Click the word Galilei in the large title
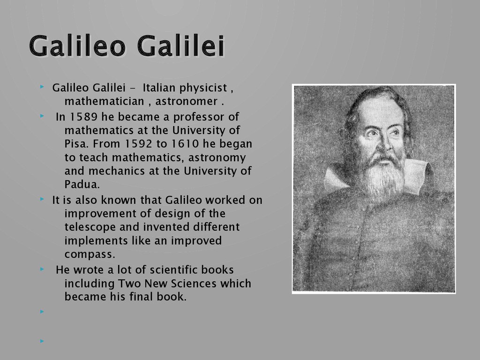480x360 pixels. pos(181,46)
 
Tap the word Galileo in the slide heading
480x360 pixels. pos(77,46)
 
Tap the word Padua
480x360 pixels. pos(82,184)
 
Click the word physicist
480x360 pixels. pos(203,88)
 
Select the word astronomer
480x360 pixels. pos(187,101)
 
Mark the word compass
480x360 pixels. pos(90,255)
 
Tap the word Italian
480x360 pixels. pos(159,88)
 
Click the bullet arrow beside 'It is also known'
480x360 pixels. pos(42,199)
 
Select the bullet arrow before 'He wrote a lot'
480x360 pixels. pos(42,270)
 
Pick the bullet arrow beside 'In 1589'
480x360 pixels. pos(42,116)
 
